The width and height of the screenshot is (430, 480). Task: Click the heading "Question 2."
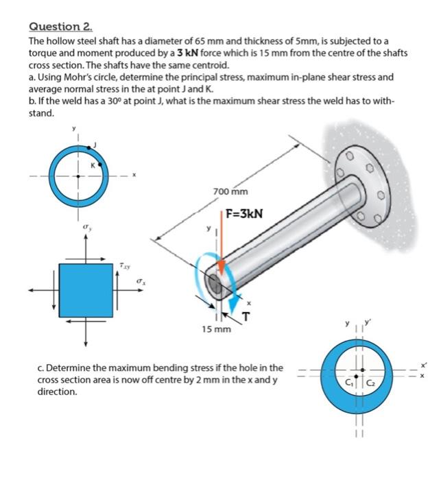coord(60,27)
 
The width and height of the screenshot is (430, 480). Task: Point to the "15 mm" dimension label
coord(217,330)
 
